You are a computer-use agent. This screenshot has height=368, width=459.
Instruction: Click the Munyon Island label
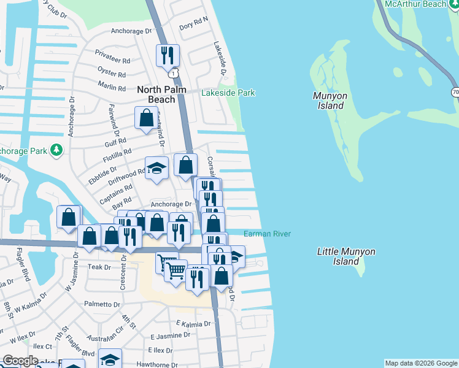click(x=330, y=101)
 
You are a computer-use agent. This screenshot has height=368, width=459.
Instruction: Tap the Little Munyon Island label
click(x=346, y=256)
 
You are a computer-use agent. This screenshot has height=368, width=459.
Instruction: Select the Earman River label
click(x=267, y=234)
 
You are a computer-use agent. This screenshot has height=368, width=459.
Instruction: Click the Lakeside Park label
click(x=229, y=93)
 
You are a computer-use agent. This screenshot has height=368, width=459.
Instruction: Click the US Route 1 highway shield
click(x=175, y=73)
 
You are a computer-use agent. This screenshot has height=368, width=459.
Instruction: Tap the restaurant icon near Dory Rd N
click(x=167, y=55)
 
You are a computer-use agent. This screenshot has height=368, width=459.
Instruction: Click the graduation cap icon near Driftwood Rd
click(x=156, y=167)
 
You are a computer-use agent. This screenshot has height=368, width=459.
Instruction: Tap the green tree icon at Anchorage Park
click(x=56, y=150)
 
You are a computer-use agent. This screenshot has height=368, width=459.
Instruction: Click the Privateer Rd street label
click(x=113, y=61)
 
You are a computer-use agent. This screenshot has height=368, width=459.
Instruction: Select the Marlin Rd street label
click(x=111, y=88)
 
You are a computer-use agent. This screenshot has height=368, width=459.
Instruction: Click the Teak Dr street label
click(x=99, y=267)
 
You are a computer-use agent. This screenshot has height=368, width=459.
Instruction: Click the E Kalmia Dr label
click(x=193, y=323)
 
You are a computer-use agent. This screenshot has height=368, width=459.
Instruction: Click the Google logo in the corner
click(x=20, y=361)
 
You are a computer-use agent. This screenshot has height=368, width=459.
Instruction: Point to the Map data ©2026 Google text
click(x=420, y=363)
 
